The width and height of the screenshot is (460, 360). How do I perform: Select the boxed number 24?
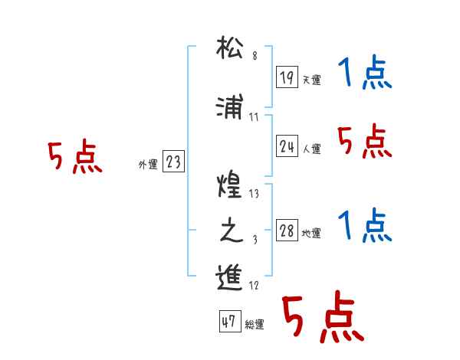click(x=287, y=146)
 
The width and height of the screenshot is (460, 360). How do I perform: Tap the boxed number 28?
click(x=287, y=231)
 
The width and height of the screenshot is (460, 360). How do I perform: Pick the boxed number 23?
click(x=173, y=162)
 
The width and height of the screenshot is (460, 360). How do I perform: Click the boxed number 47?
click(x=228, y=322)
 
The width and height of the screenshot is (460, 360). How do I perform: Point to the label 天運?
click(x=312, y=80)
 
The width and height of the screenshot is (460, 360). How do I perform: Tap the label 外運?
click(x=148, y=164)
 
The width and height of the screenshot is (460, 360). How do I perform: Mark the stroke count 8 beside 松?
click(x=254, y=57)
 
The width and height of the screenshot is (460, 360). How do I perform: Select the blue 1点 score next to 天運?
click(x=365, y=74)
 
